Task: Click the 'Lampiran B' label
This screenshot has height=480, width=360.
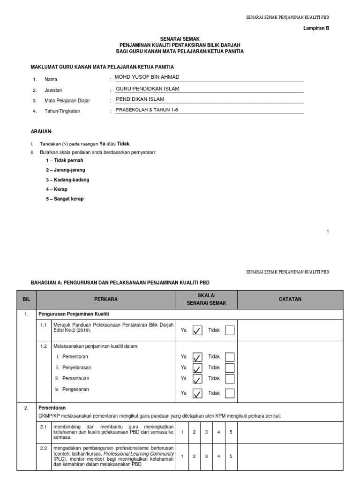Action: point(317,28)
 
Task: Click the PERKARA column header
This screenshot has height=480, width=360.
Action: point(105,299)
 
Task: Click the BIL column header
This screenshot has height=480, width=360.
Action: point(26,299)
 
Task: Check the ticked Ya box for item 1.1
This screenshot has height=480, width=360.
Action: point(197,330)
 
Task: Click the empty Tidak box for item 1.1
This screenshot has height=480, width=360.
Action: point(230,330)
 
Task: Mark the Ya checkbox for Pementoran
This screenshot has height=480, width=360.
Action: point(197,357)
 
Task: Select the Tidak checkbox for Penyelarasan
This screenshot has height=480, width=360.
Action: point(230,367)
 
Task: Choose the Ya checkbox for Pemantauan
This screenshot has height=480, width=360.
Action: point(197,379)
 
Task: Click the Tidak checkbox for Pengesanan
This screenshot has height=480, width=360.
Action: point(230,393)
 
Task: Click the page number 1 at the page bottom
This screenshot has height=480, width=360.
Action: point(328,231)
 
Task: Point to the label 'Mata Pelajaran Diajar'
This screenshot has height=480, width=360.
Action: point(67,101)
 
